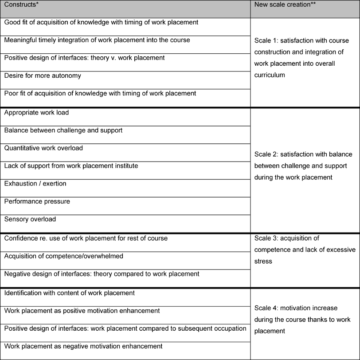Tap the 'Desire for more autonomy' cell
coord(43,75)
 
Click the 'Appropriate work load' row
coord(36,113)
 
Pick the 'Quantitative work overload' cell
coord(43,148)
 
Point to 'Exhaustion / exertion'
coord(35,183)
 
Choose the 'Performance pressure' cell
coord(37,201)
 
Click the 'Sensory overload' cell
coord(30,219)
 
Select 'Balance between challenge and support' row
coord(63,131)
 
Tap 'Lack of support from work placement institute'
coord(71,166)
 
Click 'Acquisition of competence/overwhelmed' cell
coord(64,256)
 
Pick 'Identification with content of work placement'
coord(70,293)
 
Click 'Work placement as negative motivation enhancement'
coord(83,346)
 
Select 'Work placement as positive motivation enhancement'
coord(82,311)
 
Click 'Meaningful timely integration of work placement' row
coord(97,40)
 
